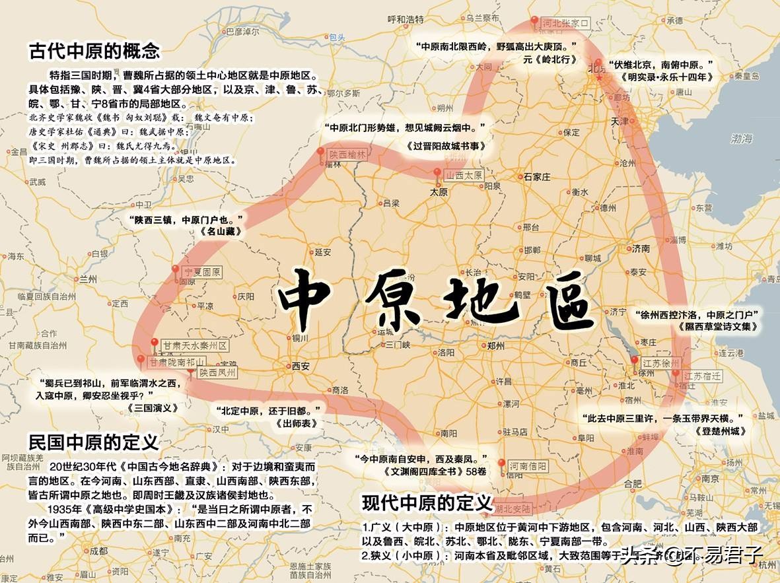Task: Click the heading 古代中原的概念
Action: point(94,51)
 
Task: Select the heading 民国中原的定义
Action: point(93,440)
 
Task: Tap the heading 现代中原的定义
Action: point(427,503)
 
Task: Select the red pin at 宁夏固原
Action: point(175,270)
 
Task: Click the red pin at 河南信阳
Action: point(502,463)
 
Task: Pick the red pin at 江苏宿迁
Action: point(675,375)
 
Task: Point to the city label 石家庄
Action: point(536,177)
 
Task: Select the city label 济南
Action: point(641,249)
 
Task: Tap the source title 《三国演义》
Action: point(153,408)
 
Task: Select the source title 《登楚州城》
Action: point(720,431)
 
